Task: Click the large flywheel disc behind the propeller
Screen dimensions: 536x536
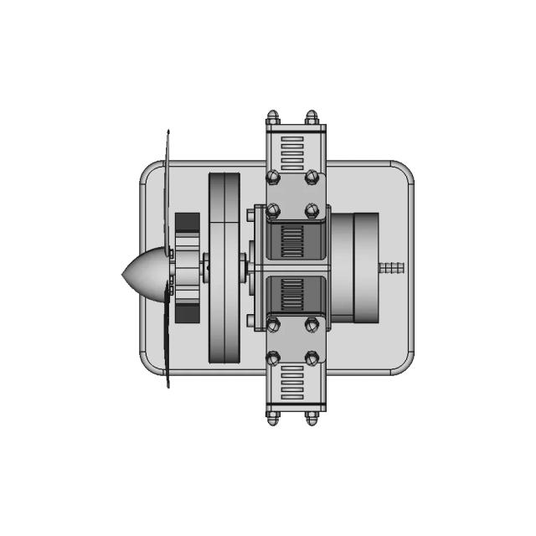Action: [x=224, y=268]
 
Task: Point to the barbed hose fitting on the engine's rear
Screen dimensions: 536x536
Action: [x=391, y=268]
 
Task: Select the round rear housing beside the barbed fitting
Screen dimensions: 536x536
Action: [x=364, y=268]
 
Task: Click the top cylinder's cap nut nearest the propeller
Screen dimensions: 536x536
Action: [x=273, y=117]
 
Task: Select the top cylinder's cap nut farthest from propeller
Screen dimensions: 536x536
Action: [x=312, y=117]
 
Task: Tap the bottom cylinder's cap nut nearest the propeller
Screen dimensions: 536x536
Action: [x=273, y=416]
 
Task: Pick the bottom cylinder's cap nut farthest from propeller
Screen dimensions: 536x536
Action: [x=312, y=416]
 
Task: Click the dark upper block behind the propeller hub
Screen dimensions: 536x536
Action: [x=187, y=229]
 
